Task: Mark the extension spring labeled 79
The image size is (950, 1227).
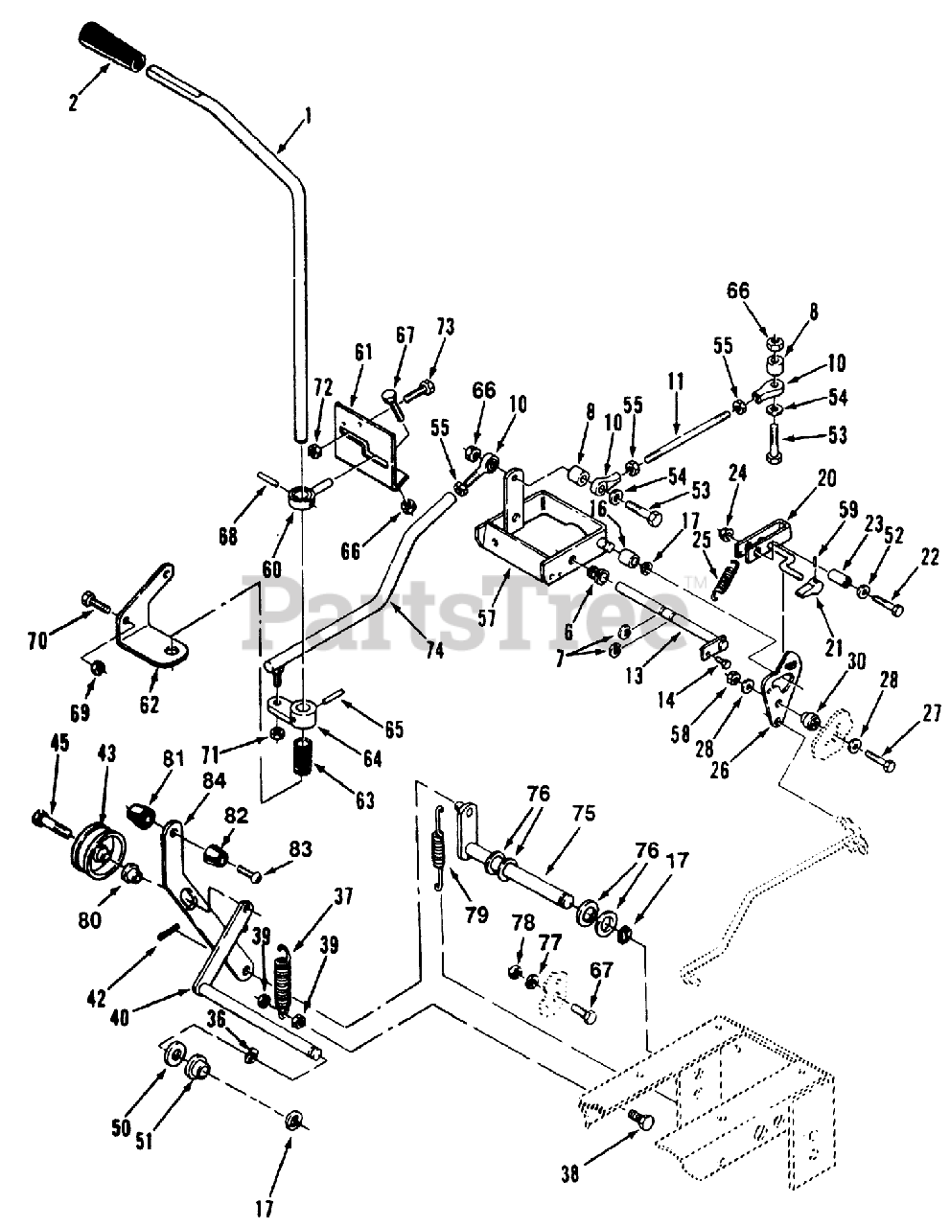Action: pos(439,849)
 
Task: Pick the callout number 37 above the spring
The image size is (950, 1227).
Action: pos(342,896)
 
